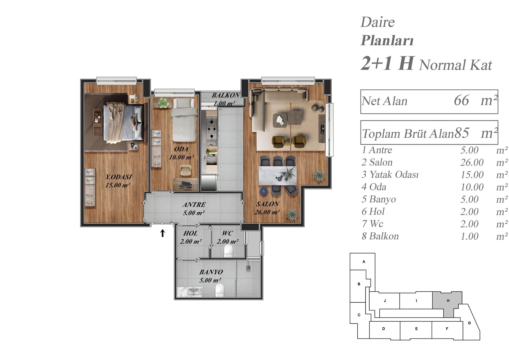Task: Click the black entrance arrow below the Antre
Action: [x=163, y=233]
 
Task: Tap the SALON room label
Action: [x=267, y=204]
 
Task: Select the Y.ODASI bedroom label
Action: [x=119, y=177]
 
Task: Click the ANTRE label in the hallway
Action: [x=194, y=205]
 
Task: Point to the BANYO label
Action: [x=211, y=272]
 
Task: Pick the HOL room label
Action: [x=190, y=233]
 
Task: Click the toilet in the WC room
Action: [x=228, y=251]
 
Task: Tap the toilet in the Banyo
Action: [x=220, y=290]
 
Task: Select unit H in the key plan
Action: [x=448, y=301]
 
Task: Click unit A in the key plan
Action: [x=364, y=262]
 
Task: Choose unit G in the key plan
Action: [x=469, y=323]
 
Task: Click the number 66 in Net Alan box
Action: [x=461, y=101]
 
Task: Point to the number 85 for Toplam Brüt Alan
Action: [x=462, y=133]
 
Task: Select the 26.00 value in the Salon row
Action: [x=472, y=162]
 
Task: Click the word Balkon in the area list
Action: [x=384, y=236]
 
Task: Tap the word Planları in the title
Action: [x=387, y=41]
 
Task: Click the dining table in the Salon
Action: [x=278, y=176]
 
